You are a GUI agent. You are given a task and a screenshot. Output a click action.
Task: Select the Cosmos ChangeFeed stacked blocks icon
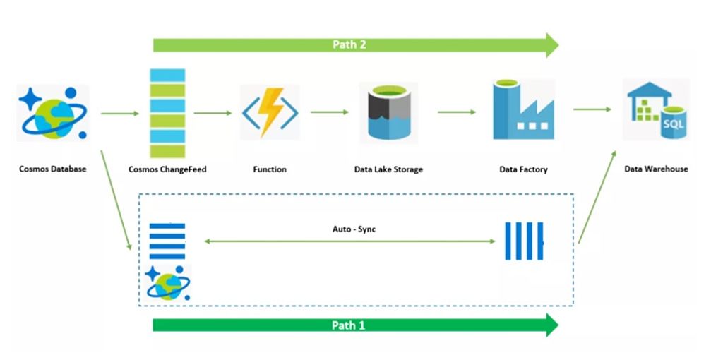(167, 113)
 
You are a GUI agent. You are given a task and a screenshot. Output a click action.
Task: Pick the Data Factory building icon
(522, 110)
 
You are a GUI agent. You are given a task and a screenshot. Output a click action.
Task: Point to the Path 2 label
(349, 45)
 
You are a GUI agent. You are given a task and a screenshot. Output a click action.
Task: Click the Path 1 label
(349, 325)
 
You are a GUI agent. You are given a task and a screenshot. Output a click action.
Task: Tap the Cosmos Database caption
(53, 169)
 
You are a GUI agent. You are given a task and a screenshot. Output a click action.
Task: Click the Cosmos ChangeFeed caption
(167, 169)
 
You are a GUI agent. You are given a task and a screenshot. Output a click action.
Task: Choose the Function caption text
(270, 169)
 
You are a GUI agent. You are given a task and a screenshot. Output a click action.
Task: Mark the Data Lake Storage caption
(389, 169)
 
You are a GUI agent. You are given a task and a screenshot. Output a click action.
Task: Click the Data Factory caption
(523, 169)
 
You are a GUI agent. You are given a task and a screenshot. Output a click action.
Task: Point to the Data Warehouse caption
(656, 169)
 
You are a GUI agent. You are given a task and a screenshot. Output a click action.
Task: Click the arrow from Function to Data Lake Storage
(329, 112)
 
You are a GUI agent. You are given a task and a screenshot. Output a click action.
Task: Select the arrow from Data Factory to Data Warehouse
(592, 109)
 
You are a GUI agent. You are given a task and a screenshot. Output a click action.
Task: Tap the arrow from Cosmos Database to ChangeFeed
(120, 113)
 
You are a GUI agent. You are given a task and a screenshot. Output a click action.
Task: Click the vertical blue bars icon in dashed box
(525, 241)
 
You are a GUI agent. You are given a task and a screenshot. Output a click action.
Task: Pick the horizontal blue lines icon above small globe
(167, 242)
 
